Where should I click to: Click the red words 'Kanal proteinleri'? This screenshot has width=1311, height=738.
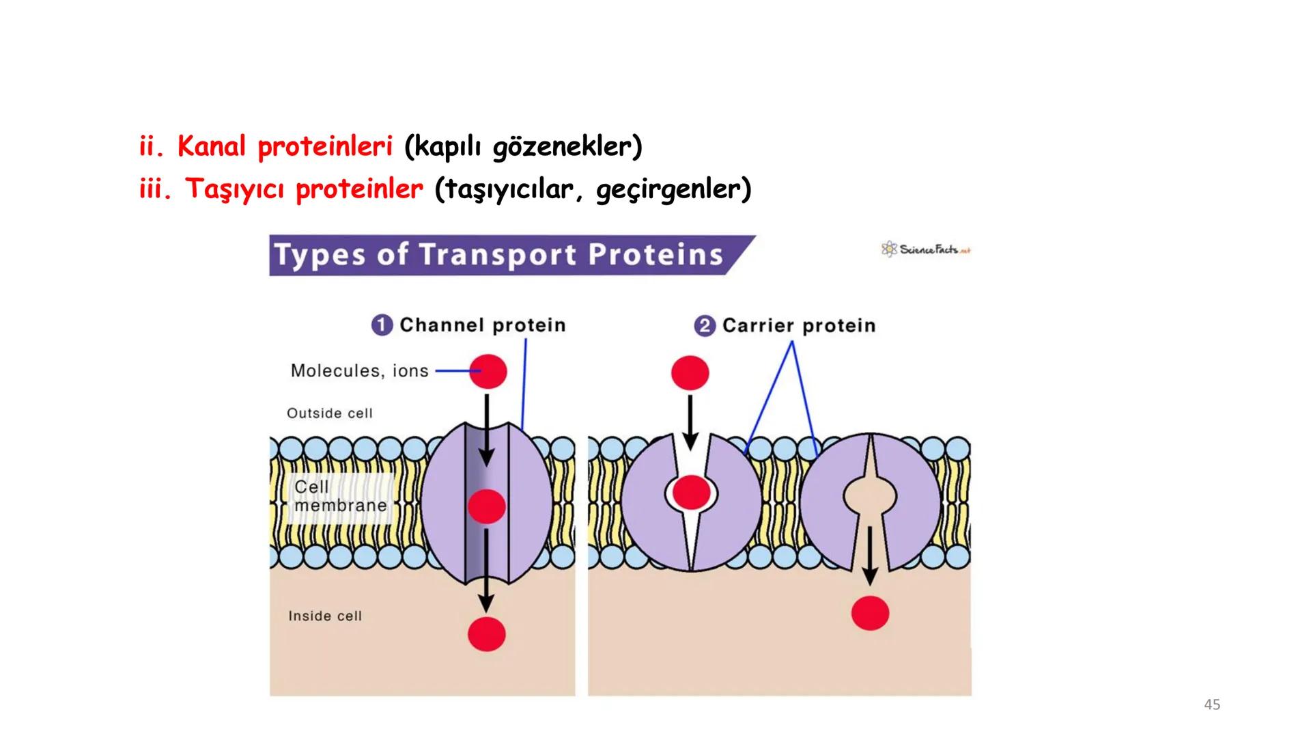point(285,147)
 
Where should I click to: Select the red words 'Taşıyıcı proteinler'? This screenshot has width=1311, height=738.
point(304,189)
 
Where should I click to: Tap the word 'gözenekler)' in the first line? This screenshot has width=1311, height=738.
point(567,147)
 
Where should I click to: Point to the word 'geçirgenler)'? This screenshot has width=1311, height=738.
point(673,189)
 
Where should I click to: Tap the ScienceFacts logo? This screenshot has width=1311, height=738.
point(926,249)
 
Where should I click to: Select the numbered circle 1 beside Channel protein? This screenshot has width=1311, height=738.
point(382,325)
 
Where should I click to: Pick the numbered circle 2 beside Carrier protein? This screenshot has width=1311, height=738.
point(705,325)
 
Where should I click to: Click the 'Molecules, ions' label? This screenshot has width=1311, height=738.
point(359,371)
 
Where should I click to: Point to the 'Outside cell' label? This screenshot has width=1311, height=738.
point(330,413)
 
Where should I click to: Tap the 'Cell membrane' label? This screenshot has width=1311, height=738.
point(339,497)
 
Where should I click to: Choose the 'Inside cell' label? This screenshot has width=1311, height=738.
point(325,616)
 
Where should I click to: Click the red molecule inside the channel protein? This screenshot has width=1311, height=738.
point(487,506)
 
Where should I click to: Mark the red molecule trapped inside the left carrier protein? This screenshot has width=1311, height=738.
point(691,493)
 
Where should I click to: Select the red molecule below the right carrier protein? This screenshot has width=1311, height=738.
point(870,613)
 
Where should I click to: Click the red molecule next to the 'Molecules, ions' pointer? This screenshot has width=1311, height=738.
point(488,371)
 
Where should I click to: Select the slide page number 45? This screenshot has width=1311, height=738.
point(1212,705)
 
